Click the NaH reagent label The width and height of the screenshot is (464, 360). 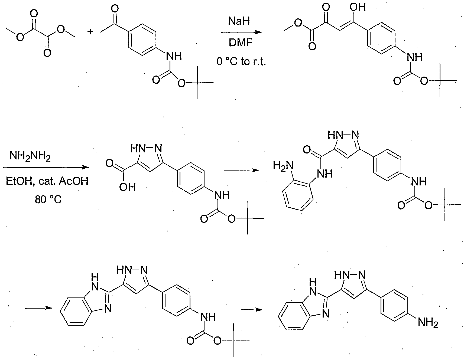click(239, 21)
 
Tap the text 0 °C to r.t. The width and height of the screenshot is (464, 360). click(241, 62)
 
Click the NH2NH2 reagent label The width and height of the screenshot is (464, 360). click(30, 157)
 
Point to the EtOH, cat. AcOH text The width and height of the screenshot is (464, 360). click(47, 181)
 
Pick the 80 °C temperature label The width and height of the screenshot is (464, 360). click(48, 200)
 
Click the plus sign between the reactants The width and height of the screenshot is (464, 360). click(90, 32)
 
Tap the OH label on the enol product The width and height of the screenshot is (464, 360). click(358, 7)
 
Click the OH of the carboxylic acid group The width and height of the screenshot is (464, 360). click(127, 187)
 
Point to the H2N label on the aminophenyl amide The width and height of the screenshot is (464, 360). click(283, 165)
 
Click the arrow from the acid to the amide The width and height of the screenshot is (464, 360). click(241, 170)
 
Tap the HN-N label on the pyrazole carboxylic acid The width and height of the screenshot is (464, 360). click(146, 148)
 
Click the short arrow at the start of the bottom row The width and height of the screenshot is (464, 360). click(38, 308)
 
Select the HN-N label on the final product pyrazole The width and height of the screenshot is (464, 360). click(350, 276)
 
